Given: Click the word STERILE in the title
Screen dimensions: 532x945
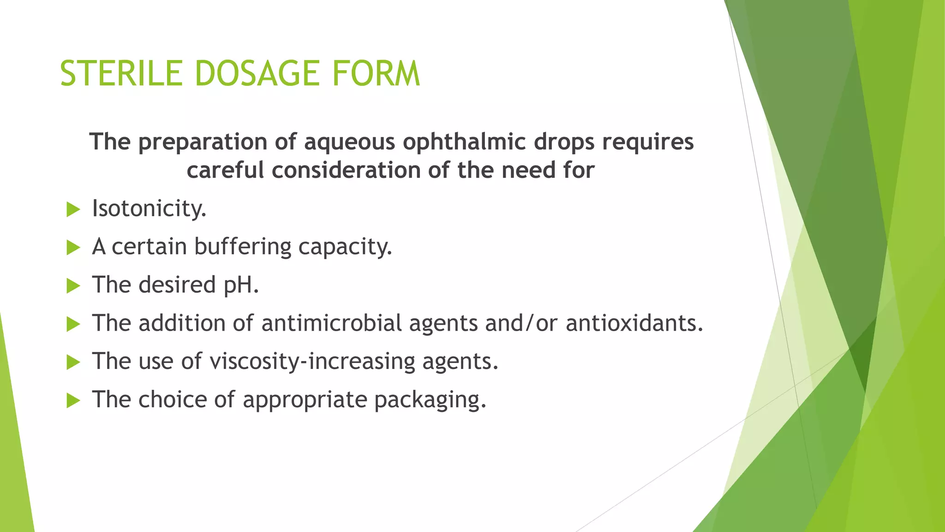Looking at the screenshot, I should tap(121, 73).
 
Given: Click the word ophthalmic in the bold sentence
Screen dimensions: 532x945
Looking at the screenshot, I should tap(464, 142).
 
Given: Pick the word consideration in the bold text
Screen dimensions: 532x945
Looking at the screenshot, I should tap(346, 170).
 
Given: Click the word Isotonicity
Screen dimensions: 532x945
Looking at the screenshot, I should tap(149, 209).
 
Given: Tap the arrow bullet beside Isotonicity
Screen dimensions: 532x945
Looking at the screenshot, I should tap(73, 210).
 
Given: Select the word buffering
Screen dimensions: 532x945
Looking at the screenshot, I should tap(243, 247).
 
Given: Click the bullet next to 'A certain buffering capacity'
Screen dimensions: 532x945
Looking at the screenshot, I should tap(73, 248).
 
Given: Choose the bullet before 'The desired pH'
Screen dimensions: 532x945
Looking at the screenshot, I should tap(73, 286).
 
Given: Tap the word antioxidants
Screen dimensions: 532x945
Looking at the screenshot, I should tap(634, 323).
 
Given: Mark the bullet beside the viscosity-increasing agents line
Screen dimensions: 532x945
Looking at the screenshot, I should tap(73, 363).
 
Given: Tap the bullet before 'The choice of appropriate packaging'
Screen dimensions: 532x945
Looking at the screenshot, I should tap(73, 401).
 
